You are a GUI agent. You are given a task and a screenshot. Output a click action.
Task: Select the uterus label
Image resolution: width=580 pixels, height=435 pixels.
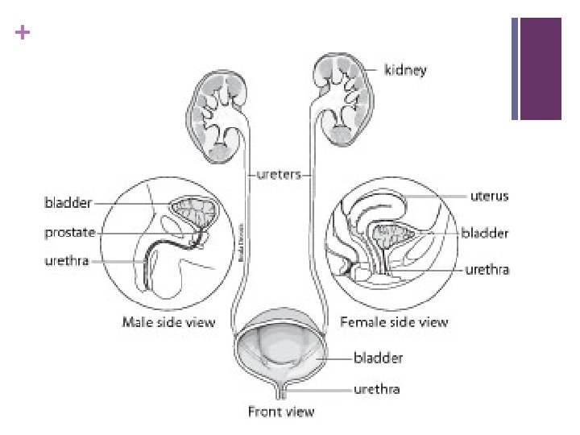(x=489, y=196)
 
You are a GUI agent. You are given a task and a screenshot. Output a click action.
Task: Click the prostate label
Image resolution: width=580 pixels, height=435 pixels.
(x=68, y=233)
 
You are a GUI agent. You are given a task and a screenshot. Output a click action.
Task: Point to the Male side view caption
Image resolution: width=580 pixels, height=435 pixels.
(x=168, y=322)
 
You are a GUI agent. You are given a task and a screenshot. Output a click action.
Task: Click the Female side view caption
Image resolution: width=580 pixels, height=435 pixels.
(x=394, y=322)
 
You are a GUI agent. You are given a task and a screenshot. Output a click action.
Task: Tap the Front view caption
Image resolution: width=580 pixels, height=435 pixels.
(x=280, y=412)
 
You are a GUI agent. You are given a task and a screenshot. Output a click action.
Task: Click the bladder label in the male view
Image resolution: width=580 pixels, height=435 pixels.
(x=68, y=203)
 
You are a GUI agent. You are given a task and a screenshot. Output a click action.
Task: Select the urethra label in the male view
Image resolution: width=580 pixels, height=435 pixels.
(x=67, y=261)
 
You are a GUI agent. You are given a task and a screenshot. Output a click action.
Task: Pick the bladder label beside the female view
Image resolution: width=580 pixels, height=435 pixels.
(x=485, y=233)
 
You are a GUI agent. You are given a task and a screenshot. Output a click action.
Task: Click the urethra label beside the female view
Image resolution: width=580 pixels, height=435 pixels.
(x=487, y=270)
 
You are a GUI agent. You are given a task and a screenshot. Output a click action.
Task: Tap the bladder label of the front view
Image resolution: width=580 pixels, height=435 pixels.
(x=379, y=355)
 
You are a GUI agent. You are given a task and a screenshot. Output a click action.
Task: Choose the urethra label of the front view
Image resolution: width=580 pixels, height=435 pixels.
(x=377, y=389)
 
